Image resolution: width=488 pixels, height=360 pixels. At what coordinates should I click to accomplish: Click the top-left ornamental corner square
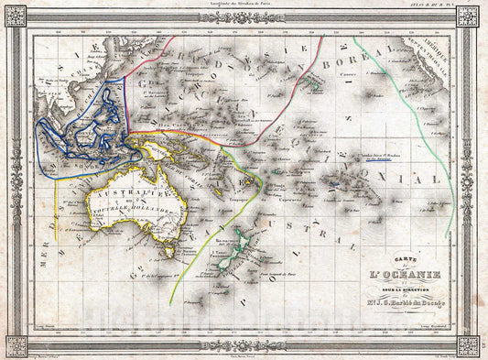16,16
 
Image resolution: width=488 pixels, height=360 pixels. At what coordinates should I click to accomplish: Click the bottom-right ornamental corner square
470,345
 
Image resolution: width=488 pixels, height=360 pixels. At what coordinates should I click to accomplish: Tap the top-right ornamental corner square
470,16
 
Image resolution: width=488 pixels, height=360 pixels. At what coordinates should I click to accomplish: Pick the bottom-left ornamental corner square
16,345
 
